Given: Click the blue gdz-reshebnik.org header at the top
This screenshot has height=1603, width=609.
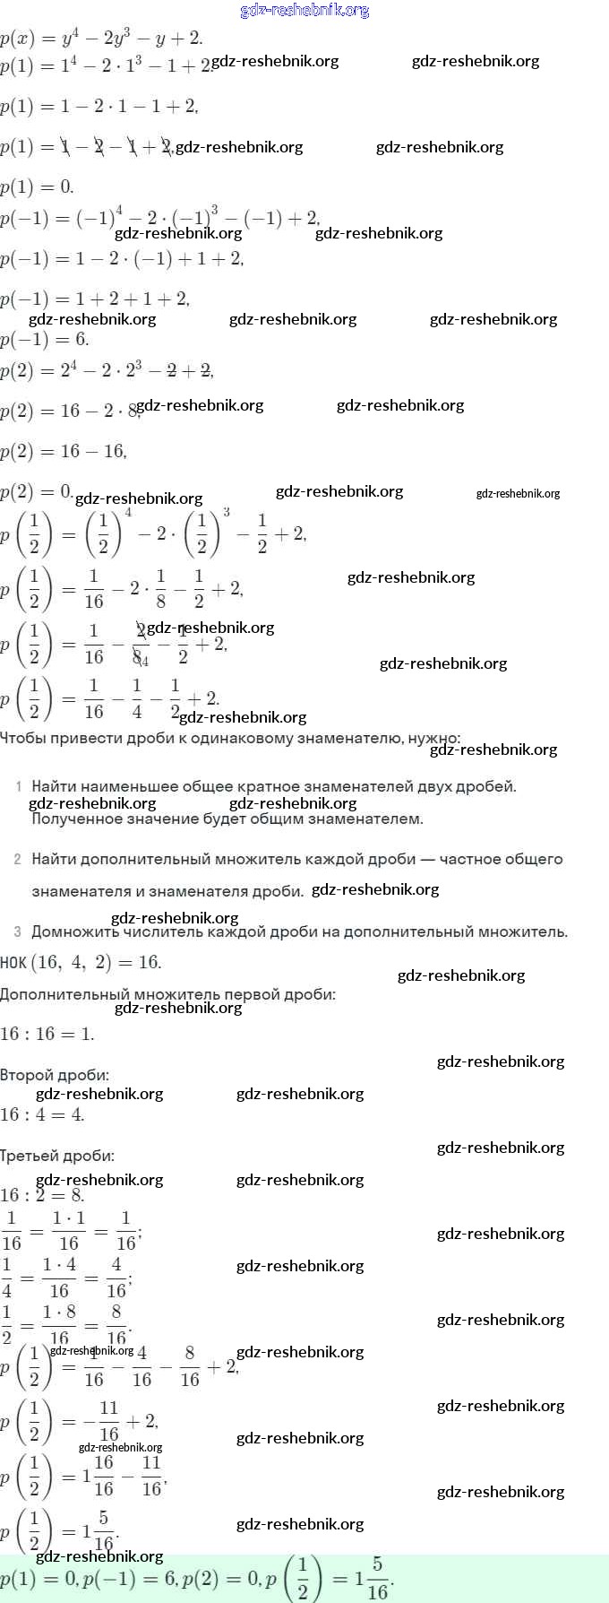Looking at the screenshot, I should point(304,11).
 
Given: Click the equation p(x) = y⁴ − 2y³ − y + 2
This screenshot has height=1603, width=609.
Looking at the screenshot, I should point(101,39).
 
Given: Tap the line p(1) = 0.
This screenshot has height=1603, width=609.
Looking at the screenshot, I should point(37,186).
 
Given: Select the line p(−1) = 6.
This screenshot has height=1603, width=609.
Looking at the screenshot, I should point(45,339).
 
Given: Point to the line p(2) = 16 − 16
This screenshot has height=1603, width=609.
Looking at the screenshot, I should point(64,451).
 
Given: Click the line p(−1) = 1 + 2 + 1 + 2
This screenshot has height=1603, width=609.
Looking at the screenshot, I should point(95,299).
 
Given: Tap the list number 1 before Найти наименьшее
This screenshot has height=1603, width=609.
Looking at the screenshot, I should point(19,786).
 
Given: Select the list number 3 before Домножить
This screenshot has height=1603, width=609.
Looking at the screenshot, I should point(18,931).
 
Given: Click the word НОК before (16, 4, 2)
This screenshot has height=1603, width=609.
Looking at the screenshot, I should point(13,962).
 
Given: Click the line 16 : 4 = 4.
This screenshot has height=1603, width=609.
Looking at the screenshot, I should point(42,1114).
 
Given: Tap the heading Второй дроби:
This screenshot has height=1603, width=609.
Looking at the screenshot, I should point(55,1074).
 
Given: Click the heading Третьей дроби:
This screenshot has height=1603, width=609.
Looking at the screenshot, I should point(57,1156).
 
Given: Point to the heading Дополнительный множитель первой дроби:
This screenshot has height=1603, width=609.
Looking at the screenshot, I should point(168,993).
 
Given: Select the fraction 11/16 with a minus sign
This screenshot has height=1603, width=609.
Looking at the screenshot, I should point(102,1421).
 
